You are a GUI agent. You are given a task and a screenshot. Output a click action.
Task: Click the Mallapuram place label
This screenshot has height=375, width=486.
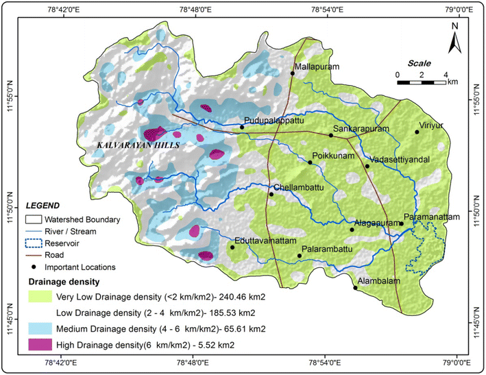pyautogui.click(x=317, y=67)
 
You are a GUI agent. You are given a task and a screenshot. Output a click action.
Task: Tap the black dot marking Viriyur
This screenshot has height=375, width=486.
pyautogui.click(x=416, y=132)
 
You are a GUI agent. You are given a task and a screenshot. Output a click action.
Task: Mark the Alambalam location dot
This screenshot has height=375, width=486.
pyautogui.click(x=355, y=288)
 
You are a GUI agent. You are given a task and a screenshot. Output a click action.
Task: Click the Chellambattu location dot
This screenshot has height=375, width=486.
pyautogui.click(x=271, y=194)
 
